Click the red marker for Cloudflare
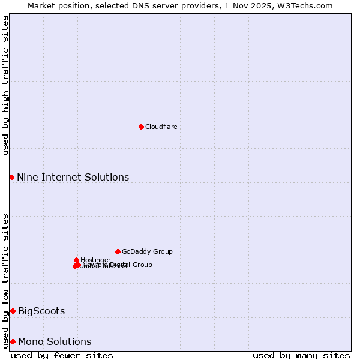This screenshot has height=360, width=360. pyautogui.click(x=141, y=127)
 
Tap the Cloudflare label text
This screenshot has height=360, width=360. pyautogui.click(x=161, y=127)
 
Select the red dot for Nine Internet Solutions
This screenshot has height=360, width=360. pyautogui.click(x=11, y=177)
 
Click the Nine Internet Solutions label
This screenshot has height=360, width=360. pyautogui.click(x=73, y=177)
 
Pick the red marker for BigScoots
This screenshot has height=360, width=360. pyautogui.click(x=13, y=311)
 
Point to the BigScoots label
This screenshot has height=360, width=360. pyautogui.click(x=41, y=311)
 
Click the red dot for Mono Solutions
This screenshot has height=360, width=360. pyautogui.click(x=13, y=341)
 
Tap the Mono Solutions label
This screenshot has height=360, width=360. pyautogui.click(x=55, y=341)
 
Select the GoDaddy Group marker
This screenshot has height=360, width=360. pyautogui.click(x=118, y=251)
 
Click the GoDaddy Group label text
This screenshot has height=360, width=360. pyautogui.click(x=147, y=251)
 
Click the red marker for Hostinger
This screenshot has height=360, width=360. pyautogui.click(x=76, y=260)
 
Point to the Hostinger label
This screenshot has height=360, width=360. pyautogui.click(x=95, y=260)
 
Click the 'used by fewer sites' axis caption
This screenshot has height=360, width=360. pyautogui.click(x=62, y=355)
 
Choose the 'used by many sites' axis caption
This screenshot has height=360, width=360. pyautogui.click(x=301, y=355)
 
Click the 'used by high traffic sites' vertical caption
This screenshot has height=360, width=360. pyautogui.click(x=5, y=85)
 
